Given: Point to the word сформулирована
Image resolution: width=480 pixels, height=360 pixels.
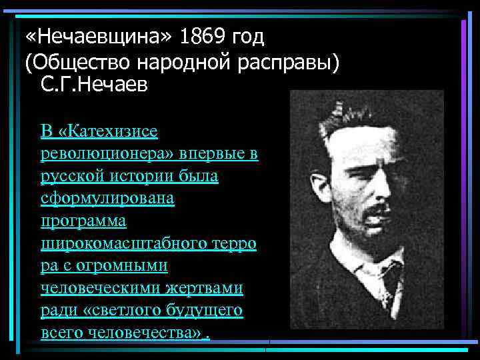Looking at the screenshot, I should point(107,199).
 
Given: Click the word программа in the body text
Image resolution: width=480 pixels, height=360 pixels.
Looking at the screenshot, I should point(83,221).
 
